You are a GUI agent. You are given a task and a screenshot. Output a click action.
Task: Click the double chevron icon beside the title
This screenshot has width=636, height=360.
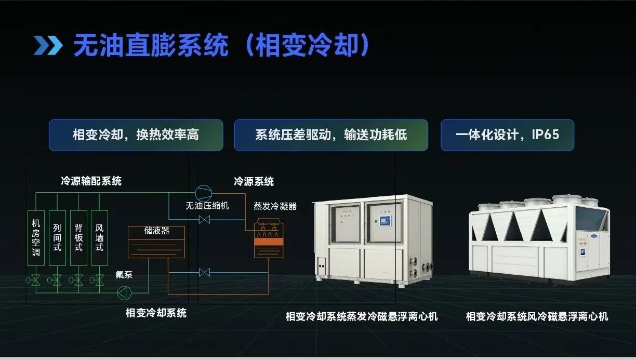48,45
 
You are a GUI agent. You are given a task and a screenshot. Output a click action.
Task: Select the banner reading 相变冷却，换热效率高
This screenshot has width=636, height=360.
136,135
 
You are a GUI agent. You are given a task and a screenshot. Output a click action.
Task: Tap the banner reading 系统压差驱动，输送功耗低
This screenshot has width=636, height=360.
331,135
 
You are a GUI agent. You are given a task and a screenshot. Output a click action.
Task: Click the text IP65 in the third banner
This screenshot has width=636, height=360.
545,135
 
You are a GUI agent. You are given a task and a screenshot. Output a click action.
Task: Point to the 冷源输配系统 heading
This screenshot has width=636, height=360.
91,181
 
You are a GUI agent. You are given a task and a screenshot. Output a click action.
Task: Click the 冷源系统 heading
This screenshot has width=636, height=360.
254,181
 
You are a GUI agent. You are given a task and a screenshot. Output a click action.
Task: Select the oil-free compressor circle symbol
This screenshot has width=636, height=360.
203,193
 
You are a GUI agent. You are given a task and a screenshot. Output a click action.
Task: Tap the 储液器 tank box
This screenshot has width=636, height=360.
156,242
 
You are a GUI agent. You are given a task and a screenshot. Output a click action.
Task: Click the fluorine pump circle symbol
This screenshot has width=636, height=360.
124,293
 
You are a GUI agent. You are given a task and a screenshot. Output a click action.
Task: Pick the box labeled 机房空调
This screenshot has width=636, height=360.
36,238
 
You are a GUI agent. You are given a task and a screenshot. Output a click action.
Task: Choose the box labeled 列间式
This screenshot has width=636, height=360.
57,238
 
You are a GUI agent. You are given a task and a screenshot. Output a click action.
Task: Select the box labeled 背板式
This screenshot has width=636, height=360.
78,238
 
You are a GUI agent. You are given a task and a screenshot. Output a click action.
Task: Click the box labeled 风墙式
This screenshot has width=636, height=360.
99,238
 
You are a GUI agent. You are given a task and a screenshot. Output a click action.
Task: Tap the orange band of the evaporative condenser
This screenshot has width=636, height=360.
269,242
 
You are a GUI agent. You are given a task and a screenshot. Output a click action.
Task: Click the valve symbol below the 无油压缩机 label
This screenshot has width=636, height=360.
204,219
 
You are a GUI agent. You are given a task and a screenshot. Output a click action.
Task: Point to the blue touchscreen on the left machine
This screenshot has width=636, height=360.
385,221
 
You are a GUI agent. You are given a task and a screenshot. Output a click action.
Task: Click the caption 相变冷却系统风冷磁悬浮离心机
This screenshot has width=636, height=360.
537,316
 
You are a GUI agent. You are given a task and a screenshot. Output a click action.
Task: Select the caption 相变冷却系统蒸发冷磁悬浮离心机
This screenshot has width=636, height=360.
362,316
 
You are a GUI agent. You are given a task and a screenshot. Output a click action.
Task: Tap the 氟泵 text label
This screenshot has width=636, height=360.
124,274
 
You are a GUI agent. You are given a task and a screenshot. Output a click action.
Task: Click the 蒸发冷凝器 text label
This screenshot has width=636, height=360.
275,206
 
